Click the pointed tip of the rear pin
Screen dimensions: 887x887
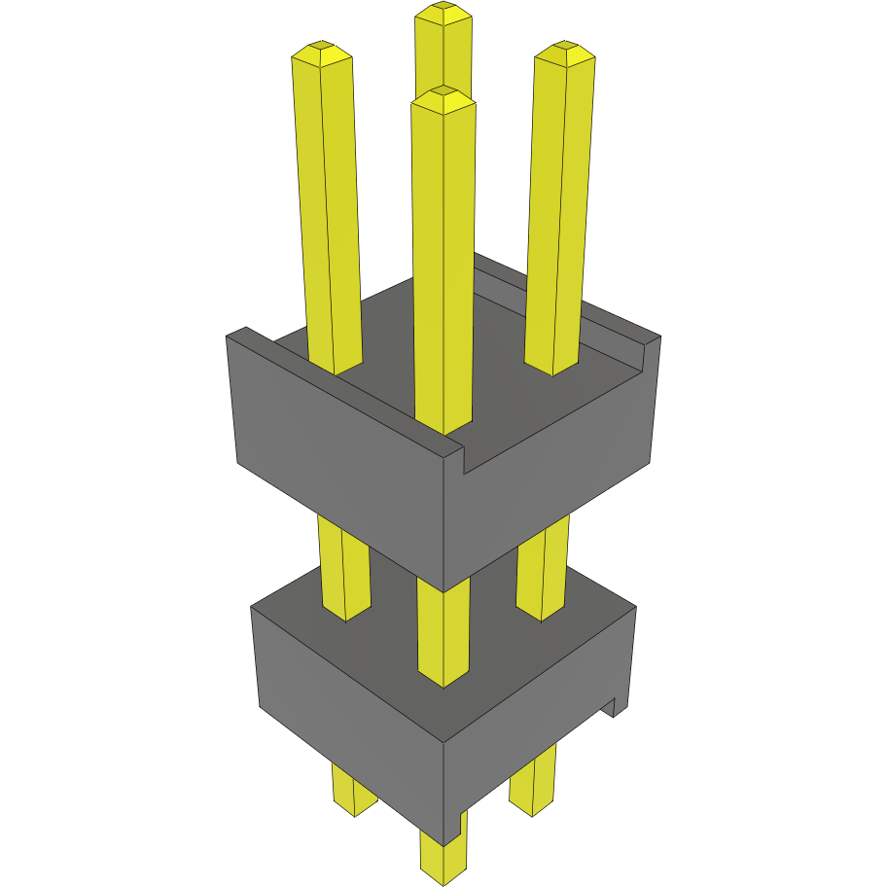click(x=443, y=13)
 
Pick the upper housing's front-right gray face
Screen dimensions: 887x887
click(x=554, y=486)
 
